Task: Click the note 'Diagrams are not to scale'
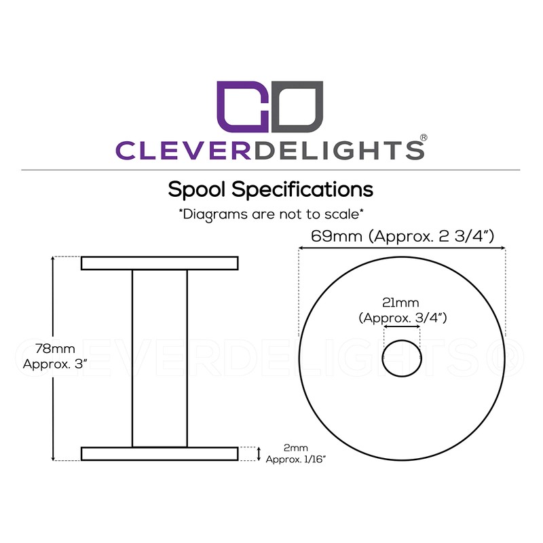pos(271,214)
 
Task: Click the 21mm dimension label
pos(401,302)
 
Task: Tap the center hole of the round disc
pos(402,358)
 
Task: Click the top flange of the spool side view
pos(160,263)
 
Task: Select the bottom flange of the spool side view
pos(160,454)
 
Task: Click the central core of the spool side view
pos(160,358)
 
